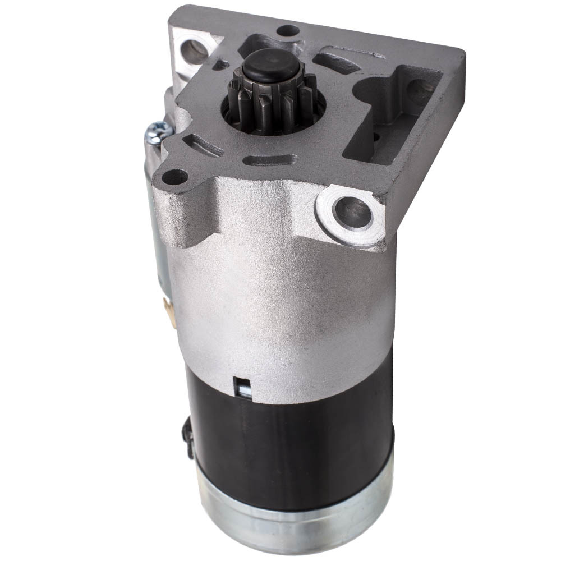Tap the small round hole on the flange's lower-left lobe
[x=175, y=177]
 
